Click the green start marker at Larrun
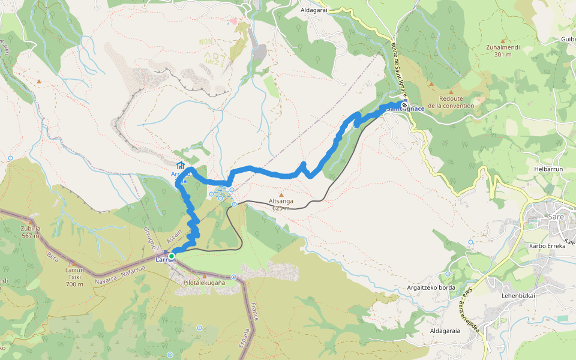click(172, 256)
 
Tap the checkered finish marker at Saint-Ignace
click(404, 105)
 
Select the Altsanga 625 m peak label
click(281, 205)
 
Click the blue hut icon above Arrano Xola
click(180, 166)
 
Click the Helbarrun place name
click(547, 169)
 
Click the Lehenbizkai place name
click(518, 295)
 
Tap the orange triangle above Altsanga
click(280, 195)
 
